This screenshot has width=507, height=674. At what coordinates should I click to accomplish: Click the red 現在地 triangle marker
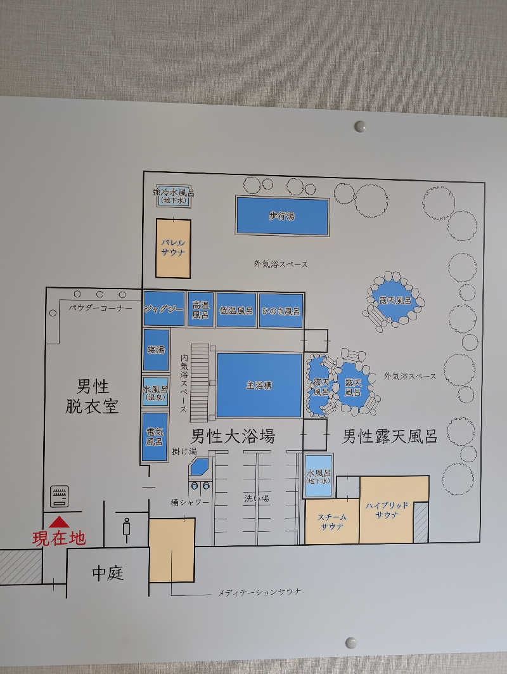(x=59, y=522)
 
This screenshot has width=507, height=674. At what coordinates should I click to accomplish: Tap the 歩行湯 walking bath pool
(x=282, y=216)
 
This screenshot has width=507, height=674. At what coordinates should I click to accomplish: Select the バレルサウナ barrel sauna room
(x=173, y=248)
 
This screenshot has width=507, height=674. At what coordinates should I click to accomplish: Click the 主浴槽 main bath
(x=259, y=385)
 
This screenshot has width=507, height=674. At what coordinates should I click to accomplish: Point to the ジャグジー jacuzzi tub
(x=164, y=309)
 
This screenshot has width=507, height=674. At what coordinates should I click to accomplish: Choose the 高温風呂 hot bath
(x=201, y=309)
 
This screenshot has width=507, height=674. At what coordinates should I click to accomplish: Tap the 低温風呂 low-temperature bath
(x=236, y=310)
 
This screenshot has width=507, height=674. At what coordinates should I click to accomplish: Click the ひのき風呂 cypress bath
(x=281, y=311)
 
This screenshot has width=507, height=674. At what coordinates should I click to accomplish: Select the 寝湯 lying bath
(x=156, y=350)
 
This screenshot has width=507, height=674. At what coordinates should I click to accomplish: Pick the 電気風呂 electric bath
(x=155, y=437)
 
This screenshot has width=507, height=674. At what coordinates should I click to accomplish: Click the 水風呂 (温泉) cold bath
(x=155, y=392)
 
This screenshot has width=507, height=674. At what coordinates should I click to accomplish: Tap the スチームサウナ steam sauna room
(x=332, y=521)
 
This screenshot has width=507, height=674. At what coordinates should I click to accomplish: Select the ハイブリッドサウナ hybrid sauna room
(x=387, y=509)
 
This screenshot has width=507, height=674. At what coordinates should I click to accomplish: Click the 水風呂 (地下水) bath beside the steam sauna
(x=318, y=476)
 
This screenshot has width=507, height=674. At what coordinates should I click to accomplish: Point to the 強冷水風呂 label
(x=174, y=192)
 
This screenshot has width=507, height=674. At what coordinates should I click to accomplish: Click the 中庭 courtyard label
(x=108, y=573)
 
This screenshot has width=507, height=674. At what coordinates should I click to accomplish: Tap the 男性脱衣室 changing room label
(x=92, y=396)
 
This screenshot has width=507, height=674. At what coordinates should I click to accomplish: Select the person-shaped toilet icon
(x=127, y=529)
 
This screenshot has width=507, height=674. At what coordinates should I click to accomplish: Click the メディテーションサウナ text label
(x=259, y=593)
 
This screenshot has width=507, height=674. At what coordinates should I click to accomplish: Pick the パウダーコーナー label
(x=100, y=308)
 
